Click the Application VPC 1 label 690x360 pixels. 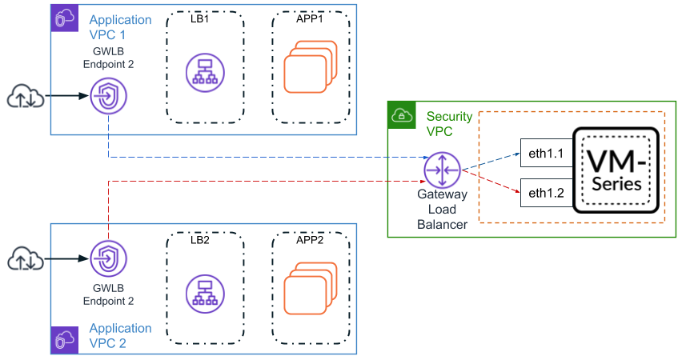(x=120, y=26)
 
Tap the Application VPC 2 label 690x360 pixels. (x=120, y=335)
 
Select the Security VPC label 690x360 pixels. (x=448, y=123)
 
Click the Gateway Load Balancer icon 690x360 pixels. (x=443, y=170)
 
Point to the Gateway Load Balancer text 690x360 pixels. (x=442, y=209)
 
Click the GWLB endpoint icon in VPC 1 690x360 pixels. (x=108, y=97)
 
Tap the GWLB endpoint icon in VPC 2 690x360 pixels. (x=108, y=258)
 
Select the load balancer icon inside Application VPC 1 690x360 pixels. (x=204, y=70)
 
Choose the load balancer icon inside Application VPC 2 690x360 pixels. (x=204, y=293)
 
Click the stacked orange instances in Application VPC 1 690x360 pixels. (x=307, y=69)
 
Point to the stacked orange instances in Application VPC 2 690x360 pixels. (x=307, y=290)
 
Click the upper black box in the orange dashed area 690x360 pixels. (x=547, y=152)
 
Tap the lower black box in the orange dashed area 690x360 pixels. (x=547, y=193)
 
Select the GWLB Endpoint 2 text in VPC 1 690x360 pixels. (x=108, y=58)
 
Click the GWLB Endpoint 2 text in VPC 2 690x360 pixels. (x=108, y=294)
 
